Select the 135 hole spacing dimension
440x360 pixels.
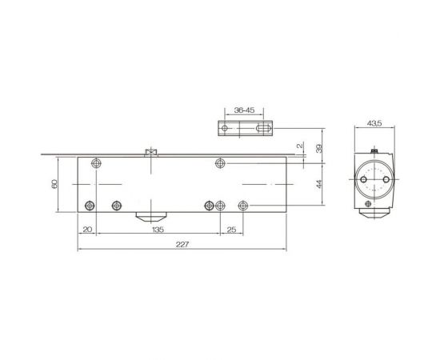pos(158,229)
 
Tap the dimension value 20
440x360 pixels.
pos(87,229)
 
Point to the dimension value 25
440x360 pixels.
pos(231,229)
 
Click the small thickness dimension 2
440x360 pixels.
pos(298,146)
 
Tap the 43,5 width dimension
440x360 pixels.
pos(373,123)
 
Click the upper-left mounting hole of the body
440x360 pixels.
pos(97,163)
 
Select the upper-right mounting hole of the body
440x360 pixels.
pos(220,163)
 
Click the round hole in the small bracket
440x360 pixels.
pos(226,127)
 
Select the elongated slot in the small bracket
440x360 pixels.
pos(259,127)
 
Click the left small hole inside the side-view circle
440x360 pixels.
pos(363,182)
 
